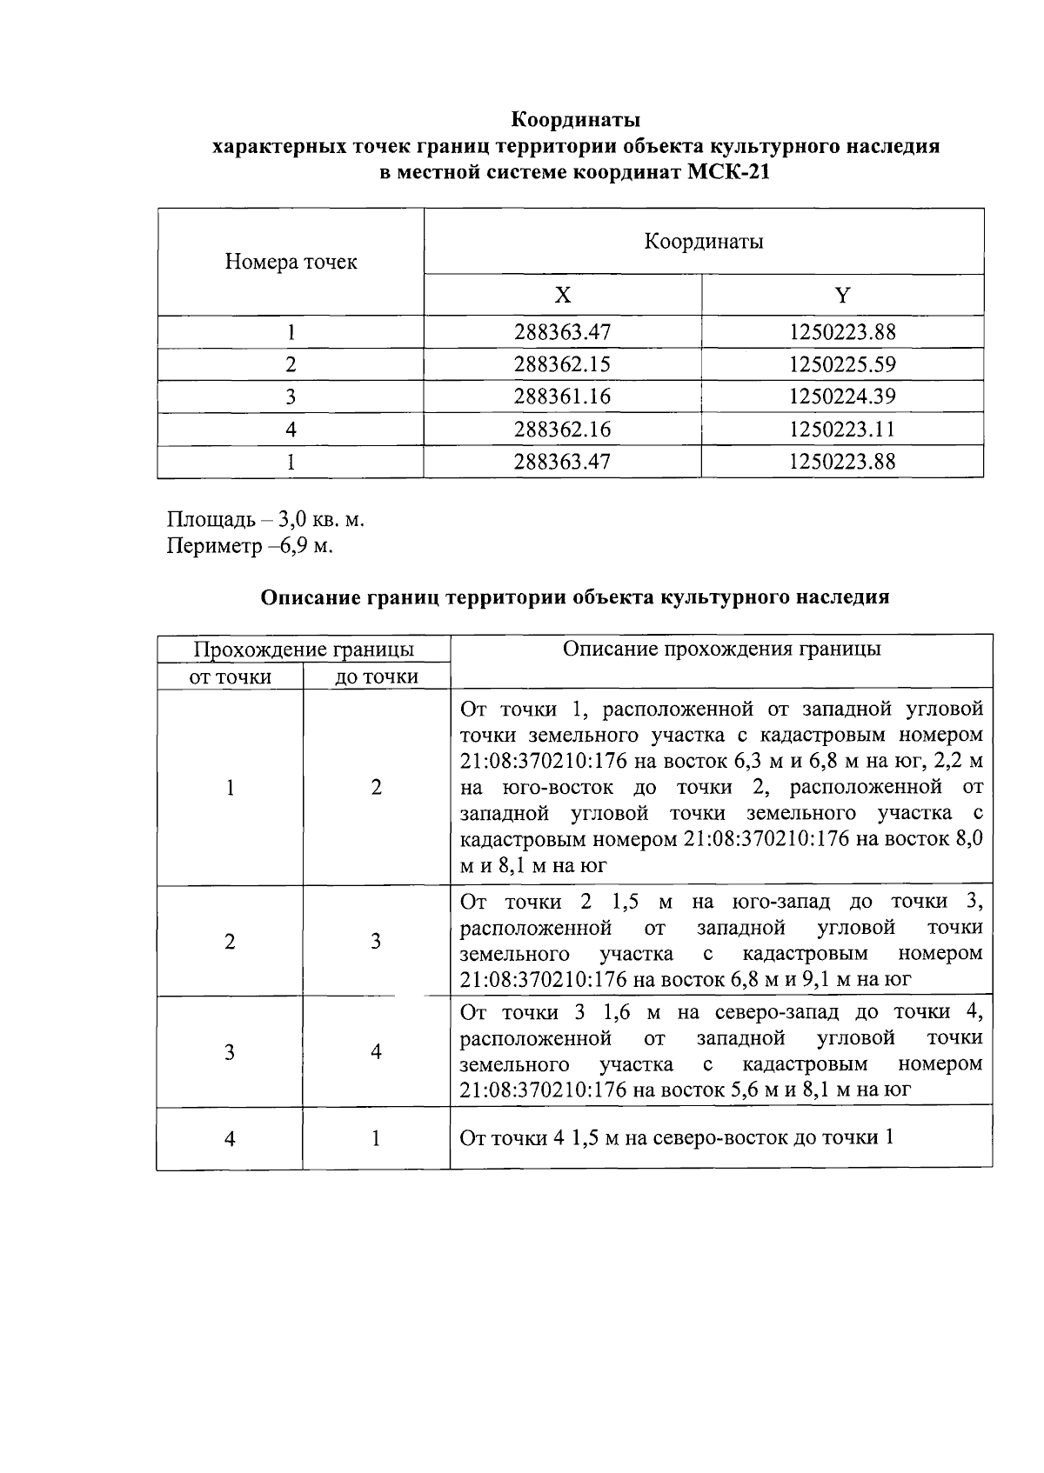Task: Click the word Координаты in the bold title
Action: [575, 118]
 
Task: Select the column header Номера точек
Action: [291, 262]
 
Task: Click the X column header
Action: [563, 296]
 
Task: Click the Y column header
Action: [842, 296]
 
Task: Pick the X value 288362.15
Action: [562, 364]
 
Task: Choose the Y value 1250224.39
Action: [841, 397]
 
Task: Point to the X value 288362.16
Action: [562, 429]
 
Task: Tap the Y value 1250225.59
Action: [841, 364]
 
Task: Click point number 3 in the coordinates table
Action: [291, 397]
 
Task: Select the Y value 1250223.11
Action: [841, 429]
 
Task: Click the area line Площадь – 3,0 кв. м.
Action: [265, 520]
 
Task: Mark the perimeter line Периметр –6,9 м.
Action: [251, 546]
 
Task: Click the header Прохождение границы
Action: [303, 650]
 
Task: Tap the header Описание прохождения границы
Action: [721, 649]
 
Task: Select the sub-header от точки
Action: [230, 677]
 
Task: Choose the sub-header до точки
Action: [376, 677]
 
